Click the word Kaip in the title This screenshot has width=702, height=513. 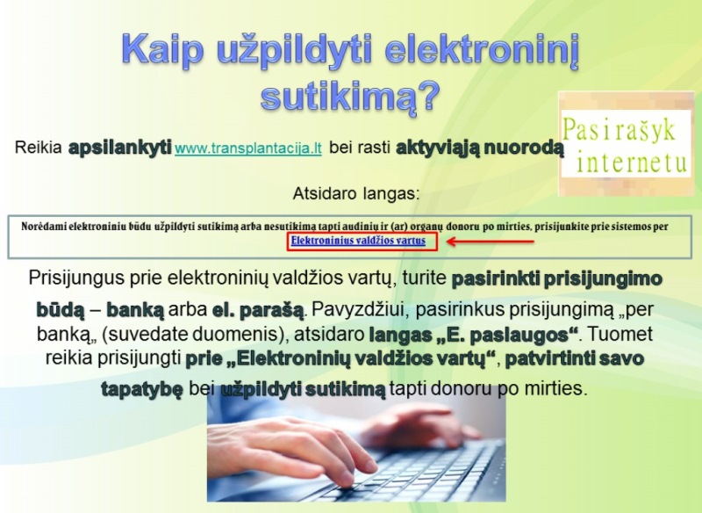[x=162, y=49]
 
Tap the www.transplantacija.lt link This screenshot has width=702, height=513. [x=248, y=148]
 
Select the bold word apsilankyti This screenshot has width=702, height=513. [x=120, y=147]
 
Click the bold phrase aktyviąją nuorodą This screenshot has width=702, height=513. [x=479, y=147]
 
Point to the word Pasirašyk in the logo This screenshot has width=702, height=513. [x=619, y=130]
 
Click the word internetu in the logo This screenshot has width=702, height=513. [x=631, y=162]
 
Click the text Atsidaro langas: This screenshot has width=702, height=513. [x=356, y=193]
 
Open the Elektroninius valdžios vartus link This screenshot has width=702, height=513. [x=358, y=241]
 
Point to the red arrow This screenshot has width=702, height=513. [x=491, y=242]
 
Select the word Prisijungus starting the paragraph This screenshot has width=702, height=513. [x=76, y=278]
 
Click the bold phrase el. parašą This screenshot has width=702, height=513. [x=258, y=310]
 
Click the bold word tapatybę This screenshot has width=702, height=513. [x=142, y=389]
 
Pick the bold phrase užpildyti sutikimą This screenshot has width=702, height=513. [x=303, y=389]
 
